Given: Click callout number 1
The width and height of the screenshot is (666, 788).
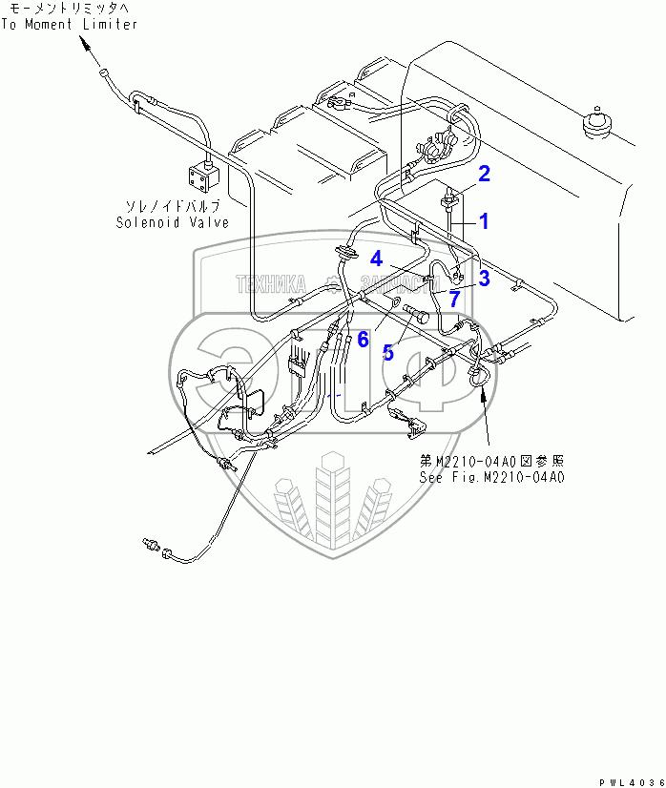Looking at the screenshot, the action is (x=484, y=221).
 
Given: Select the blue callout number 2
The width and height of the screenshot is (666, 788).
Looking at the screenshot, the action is (x=484, y=174).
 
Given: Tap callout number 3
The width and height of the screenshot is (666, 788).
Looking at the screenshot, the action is (x=484, y=278).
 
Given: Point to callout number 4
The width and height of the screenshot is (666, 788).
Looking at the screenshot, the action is (x=377, y=258).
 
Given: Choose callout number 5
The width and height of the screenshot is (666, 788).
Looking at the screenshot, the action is (x=387, y=352).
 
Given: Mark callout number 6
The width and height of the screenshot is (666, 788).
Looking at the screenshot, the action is (x=363, y=338).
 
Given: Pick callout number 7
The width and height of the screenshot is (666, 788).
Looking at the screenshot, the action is (x=455, y=298).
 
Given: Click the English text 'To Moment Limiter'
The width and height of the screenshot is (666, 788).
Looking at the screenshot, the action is (x=69, y=24).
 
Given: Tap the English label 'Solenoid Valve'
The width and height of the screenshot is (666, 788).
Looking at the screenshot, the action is (x=173, y=222).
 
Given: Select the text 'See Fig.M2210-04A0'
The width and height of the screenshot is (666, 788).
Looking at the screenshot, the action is (x=492, y=476).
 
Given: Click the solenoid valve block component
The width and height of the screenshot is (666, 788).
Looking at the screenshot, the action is (x=200, y=176).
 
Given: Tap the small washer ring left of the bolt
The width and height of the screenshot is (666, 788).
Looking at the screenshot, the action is (x=392, y=305).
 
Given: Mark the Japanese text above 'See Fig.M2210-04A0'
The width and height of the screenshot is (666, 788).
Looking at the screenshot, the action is (x=492, y=460).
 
